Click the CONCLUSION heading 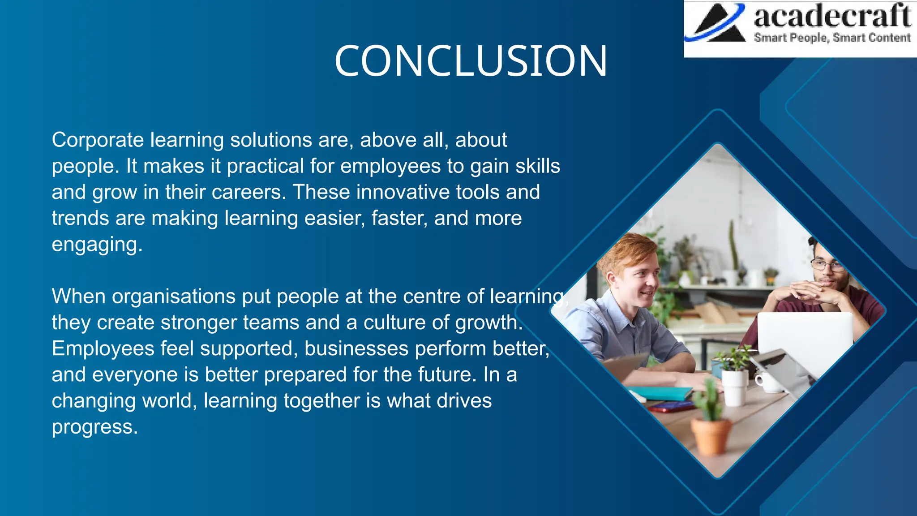point(471,61)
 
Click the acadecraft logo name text point(832,17)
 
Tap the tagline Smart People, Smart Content point(832,38)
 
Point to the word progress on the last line point(94,427)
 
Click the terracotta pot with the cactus point(711,435)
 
